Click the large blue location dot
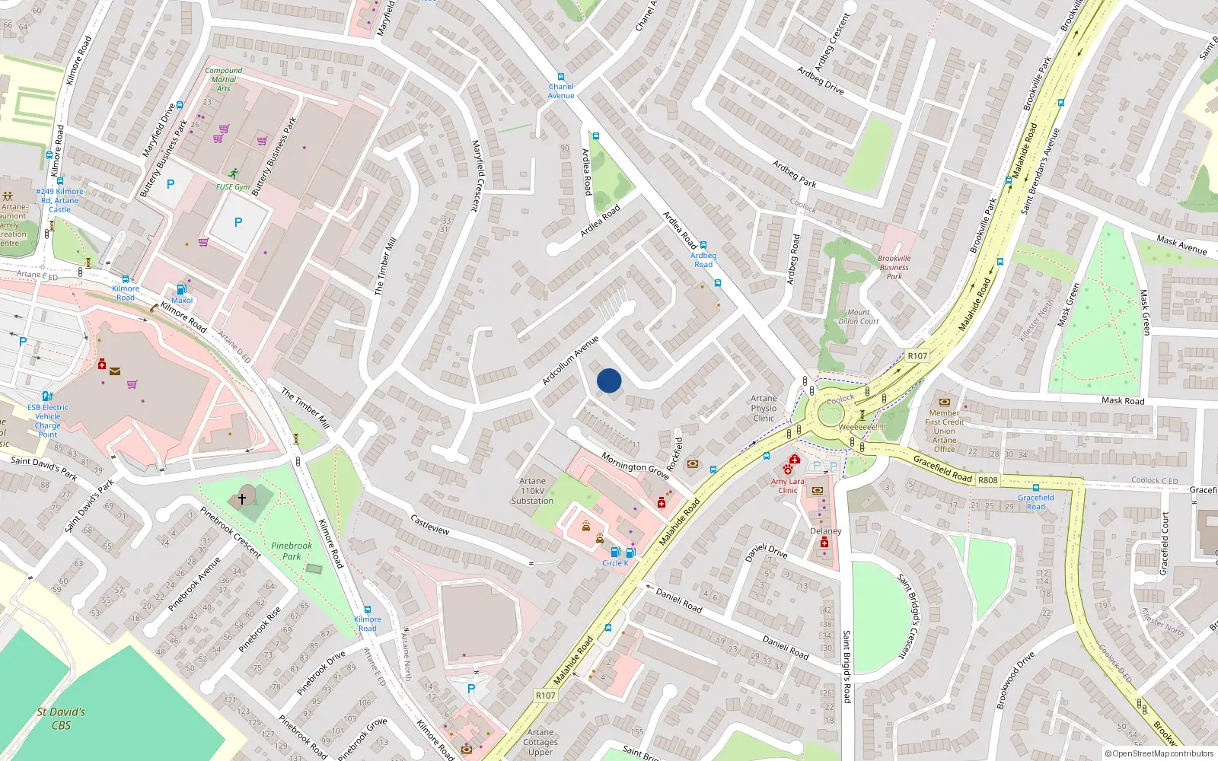(x=609, y=380)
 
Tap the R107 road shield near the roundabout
(x=917, y=355)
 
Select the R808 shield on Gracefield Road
(x=987, y=480)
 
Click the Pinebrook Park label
(x=292, y=551)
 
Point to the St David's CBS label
(x=61, y=718)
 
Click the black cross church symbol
(x=242, y=499)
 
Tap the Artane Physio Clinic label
(x=764, y=409)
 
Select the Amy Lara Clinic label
(x=787, y=486)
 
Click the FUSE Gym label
(x=232, y=187)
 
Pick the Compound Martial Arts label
(x=223, y=79)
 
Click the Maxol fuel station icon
(x=181, y=289)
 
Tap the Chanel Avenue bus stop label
(x=561, y=91)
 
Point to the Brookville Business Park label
(x=894, y=267)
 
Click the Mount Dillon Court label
(x=859, y=317)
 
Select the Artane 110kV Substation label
(x=532, y=491)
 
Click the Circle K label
(x=615, y=563)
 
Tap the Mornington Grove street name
(x=635, y=466)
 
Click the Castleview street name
(x=430, y=525)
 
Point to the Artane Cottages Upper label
(x=540, y=742)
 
